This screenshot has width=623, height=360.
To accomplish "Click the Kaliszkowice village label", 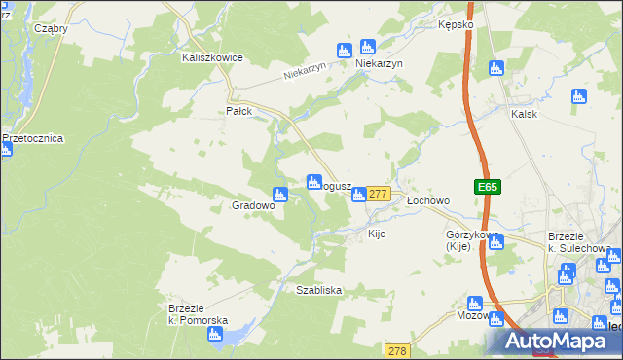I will [x=211, y=57].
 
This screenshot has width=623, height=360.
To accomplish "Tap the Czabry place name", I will [x=51, y=29].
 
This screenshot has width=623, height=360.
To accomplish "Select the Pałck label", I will [x=239, y=111].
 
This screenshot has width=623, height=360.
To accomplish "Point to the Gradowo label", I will [x=253, y=206].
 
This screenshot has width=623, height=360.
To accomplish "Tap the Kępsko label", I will [x=455, y=23].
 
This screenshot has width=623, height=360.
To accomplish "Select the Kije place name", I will [x=378, y=234].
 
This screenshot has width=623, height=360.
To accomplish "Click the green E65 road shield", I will [x=488, y=187].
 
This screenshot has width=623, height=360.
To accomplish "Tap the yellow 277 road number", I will [x=379, y=195].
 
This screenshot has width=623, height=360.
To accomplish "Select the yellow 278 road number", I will [x=398, y=350].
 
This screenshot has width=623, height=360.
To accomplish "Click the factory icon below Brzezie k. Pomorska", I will [x=215, y=335].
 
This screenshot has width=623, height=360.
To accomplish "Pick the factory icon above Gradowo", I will [x=280, y=194].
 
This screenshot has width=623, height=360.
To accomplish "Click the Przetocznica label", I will [x=33, y=138].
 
